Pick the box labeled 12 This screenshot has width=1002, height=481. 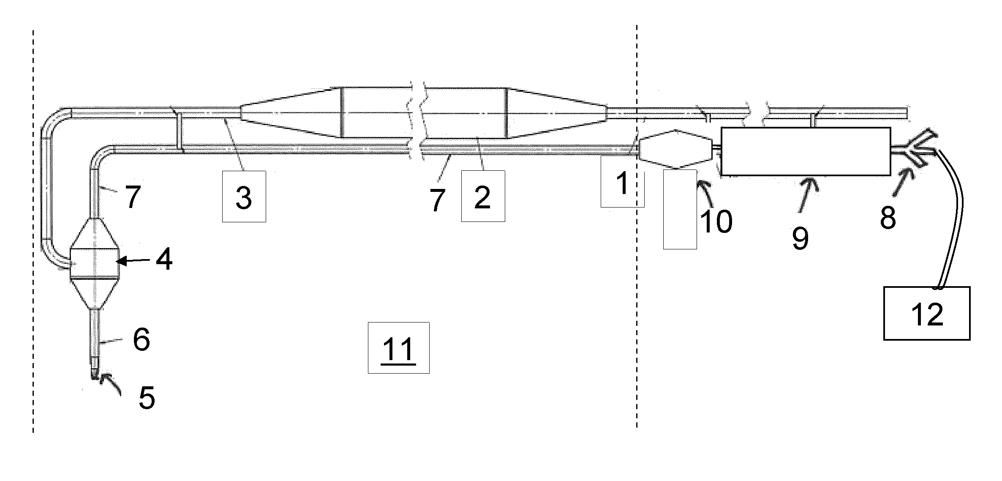927,313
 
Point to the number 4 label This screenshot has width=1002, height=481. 164,260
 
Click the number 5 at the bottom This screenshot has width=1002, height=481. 147,398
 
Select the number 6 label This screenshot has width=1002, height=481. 142,339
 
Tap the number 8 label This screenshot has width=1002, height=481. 888,219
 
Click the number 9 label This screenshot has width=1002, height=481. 800,238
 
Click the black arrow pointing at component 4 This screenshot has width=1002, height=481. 133,261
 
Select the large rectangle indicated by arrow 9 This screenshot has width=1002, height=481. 806,151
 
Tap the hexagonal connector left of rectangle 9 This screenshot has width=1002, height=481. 675,149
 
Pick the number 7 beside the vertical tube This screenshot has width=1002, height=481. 132,198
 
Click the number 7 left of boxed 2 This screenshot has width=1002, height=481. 438,200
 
